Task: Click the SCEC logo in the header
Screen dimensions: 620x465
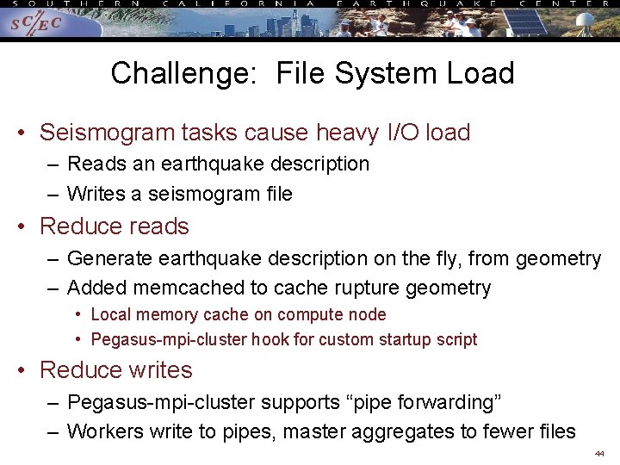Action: [36, 25]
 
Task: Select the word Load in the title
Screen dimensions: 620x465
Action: [480, 73]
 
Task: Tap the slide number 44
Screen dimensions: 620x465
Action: [599, 454]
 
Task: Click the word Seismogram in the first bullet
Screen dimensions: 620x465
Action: [107, 133]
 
